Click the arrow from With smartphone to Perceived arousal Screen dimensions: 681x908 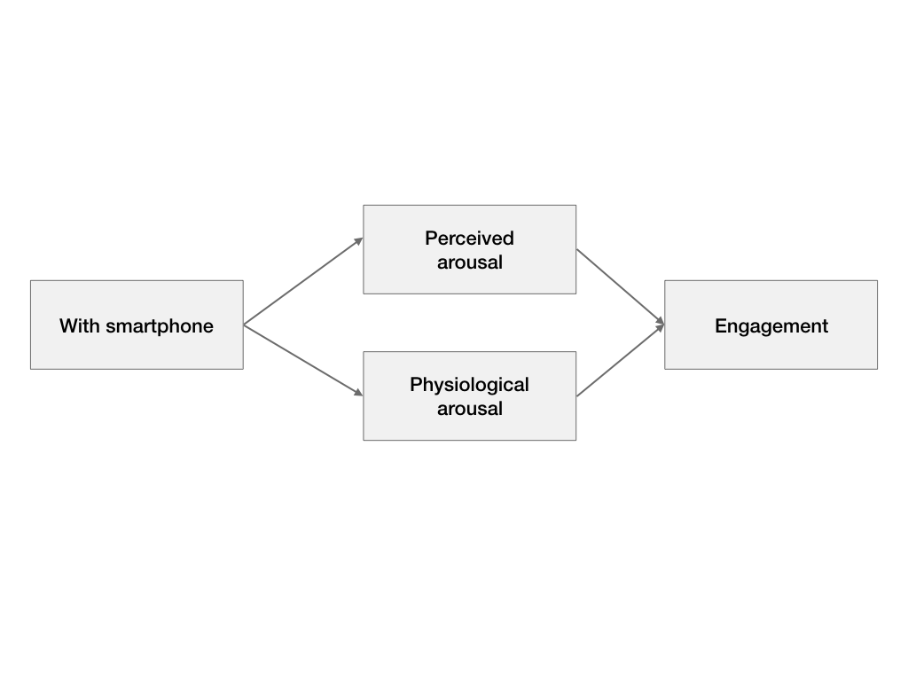(x=303, y=281)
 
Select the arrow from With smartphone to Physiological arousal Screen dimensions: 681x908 (x=303, y=359)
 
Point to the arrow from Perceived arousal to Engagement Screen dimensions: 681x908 (x=621, y=287)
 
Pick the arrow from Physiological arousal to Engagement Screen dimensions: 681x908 (x=621, y=360)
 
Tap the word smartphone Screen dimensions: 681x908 (x=160, y=326)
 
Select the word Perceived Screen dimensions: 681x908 (x=469, y=239)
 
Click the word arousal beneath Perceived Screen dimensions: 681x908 (x=469, y=262)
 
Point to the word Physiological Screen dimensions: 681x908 (x=469, y=385)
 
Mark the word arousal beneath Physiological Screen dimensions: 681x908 (x=469, y=409)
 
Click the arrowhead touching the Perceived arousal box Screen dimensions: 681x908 (x=358, y=240)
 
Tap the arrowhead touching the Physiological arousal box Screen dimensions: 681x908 (x=358, y=392)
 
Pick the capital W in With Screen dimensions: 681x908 (x=67, y=325)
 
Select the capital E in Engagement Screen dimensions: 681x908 (x=720, y=325)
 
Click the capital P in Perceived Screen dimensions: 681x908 (x=431, y=238)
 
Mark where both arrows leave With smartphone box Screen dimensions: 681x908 (x=244, y=325)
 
